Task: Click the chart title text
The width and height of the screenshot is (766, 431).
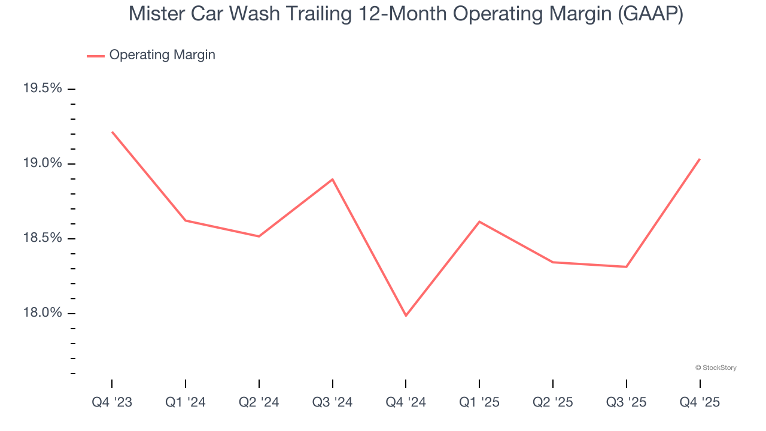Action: click(x=406, y=14)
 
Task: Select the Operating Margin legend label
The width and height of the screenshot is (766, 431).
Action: click(x=162, y=55)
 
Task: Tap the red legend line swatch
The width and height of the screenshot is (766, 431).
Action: click(x=96, y=56)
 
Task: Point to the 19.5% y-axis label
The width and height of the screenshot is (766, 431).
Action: click(x=42, y=89)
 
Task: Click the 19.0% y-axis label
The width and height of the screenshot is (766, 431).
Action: click(x=42, y=163)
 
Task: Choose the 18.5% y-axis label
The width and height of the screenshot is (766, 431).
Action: click(x=42, y=238)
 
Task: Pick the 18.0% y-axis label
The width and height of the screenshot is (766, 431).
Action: click(x=42, y=313)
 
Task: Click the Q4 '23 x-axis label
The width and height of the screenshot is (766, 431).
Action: click(x=112, y=402)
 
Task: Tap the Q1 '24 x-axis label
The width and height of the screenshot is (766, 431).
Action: click(x=186, y=402)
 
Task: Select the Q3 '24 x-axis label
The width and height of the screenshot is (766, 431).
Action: click(x=333, y=402)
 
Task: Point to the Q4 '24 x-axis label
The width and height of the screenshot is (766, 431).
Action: click(x=406, y=402)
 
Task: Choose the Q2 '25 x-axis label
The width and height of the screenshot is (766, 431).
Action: click(x=553, y=402)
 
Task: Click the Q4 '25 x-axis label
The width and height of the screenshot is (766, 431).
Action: click(x=700, y=402)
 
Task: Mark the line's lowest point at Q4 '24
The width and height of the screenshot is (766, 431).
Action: click(x=406, y=315)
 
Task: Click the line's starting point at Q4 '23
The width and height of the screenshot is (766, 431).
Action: click(x=112, y=132)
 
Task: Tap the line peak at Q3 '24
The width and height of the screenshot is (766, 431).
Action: click(x=333, y=179)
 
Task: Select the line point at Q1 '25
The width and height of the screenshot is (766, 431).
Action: click(x=479, y=221)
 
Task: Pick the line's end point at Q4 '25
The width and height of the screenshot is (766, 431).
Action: click(x=700, y=159)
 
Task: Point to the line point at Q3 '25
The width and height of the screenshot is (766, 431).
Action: click(x=626, y=266)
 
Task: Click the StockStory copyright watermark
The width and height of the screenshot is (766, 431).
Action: click(x=716, y=368)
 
